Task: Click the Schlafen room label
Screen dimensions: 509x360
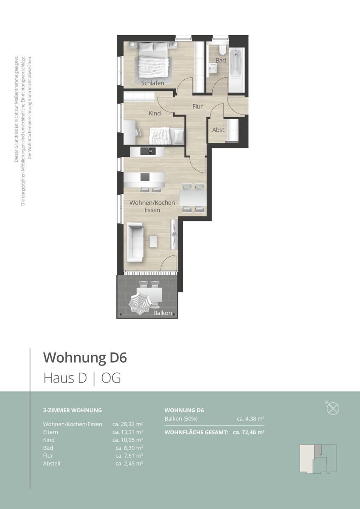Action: (153, 83)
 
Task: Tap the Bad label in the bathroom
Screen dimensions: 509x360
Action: (221, 61)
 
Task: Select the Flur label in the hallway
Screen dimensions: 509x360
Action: (197, 106)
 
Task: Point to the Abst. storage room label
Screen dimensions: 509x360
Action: (219, 130)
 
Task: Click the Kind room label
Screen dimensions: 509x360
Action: (155, 113)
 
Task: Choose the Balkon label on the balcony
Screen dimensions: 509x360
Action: (163, 313)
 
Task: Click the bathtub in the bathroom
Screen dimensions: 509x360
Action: (237, 70)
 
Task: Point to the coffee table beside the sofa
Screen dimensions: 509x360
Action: (153, 242)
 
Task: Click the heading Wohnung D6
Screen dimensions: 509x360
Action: (85, 358)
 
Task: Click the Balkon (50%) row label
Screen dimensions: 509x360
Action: (181, 419)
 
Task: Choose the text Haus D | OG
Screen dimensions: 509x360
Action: (82, 378)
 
